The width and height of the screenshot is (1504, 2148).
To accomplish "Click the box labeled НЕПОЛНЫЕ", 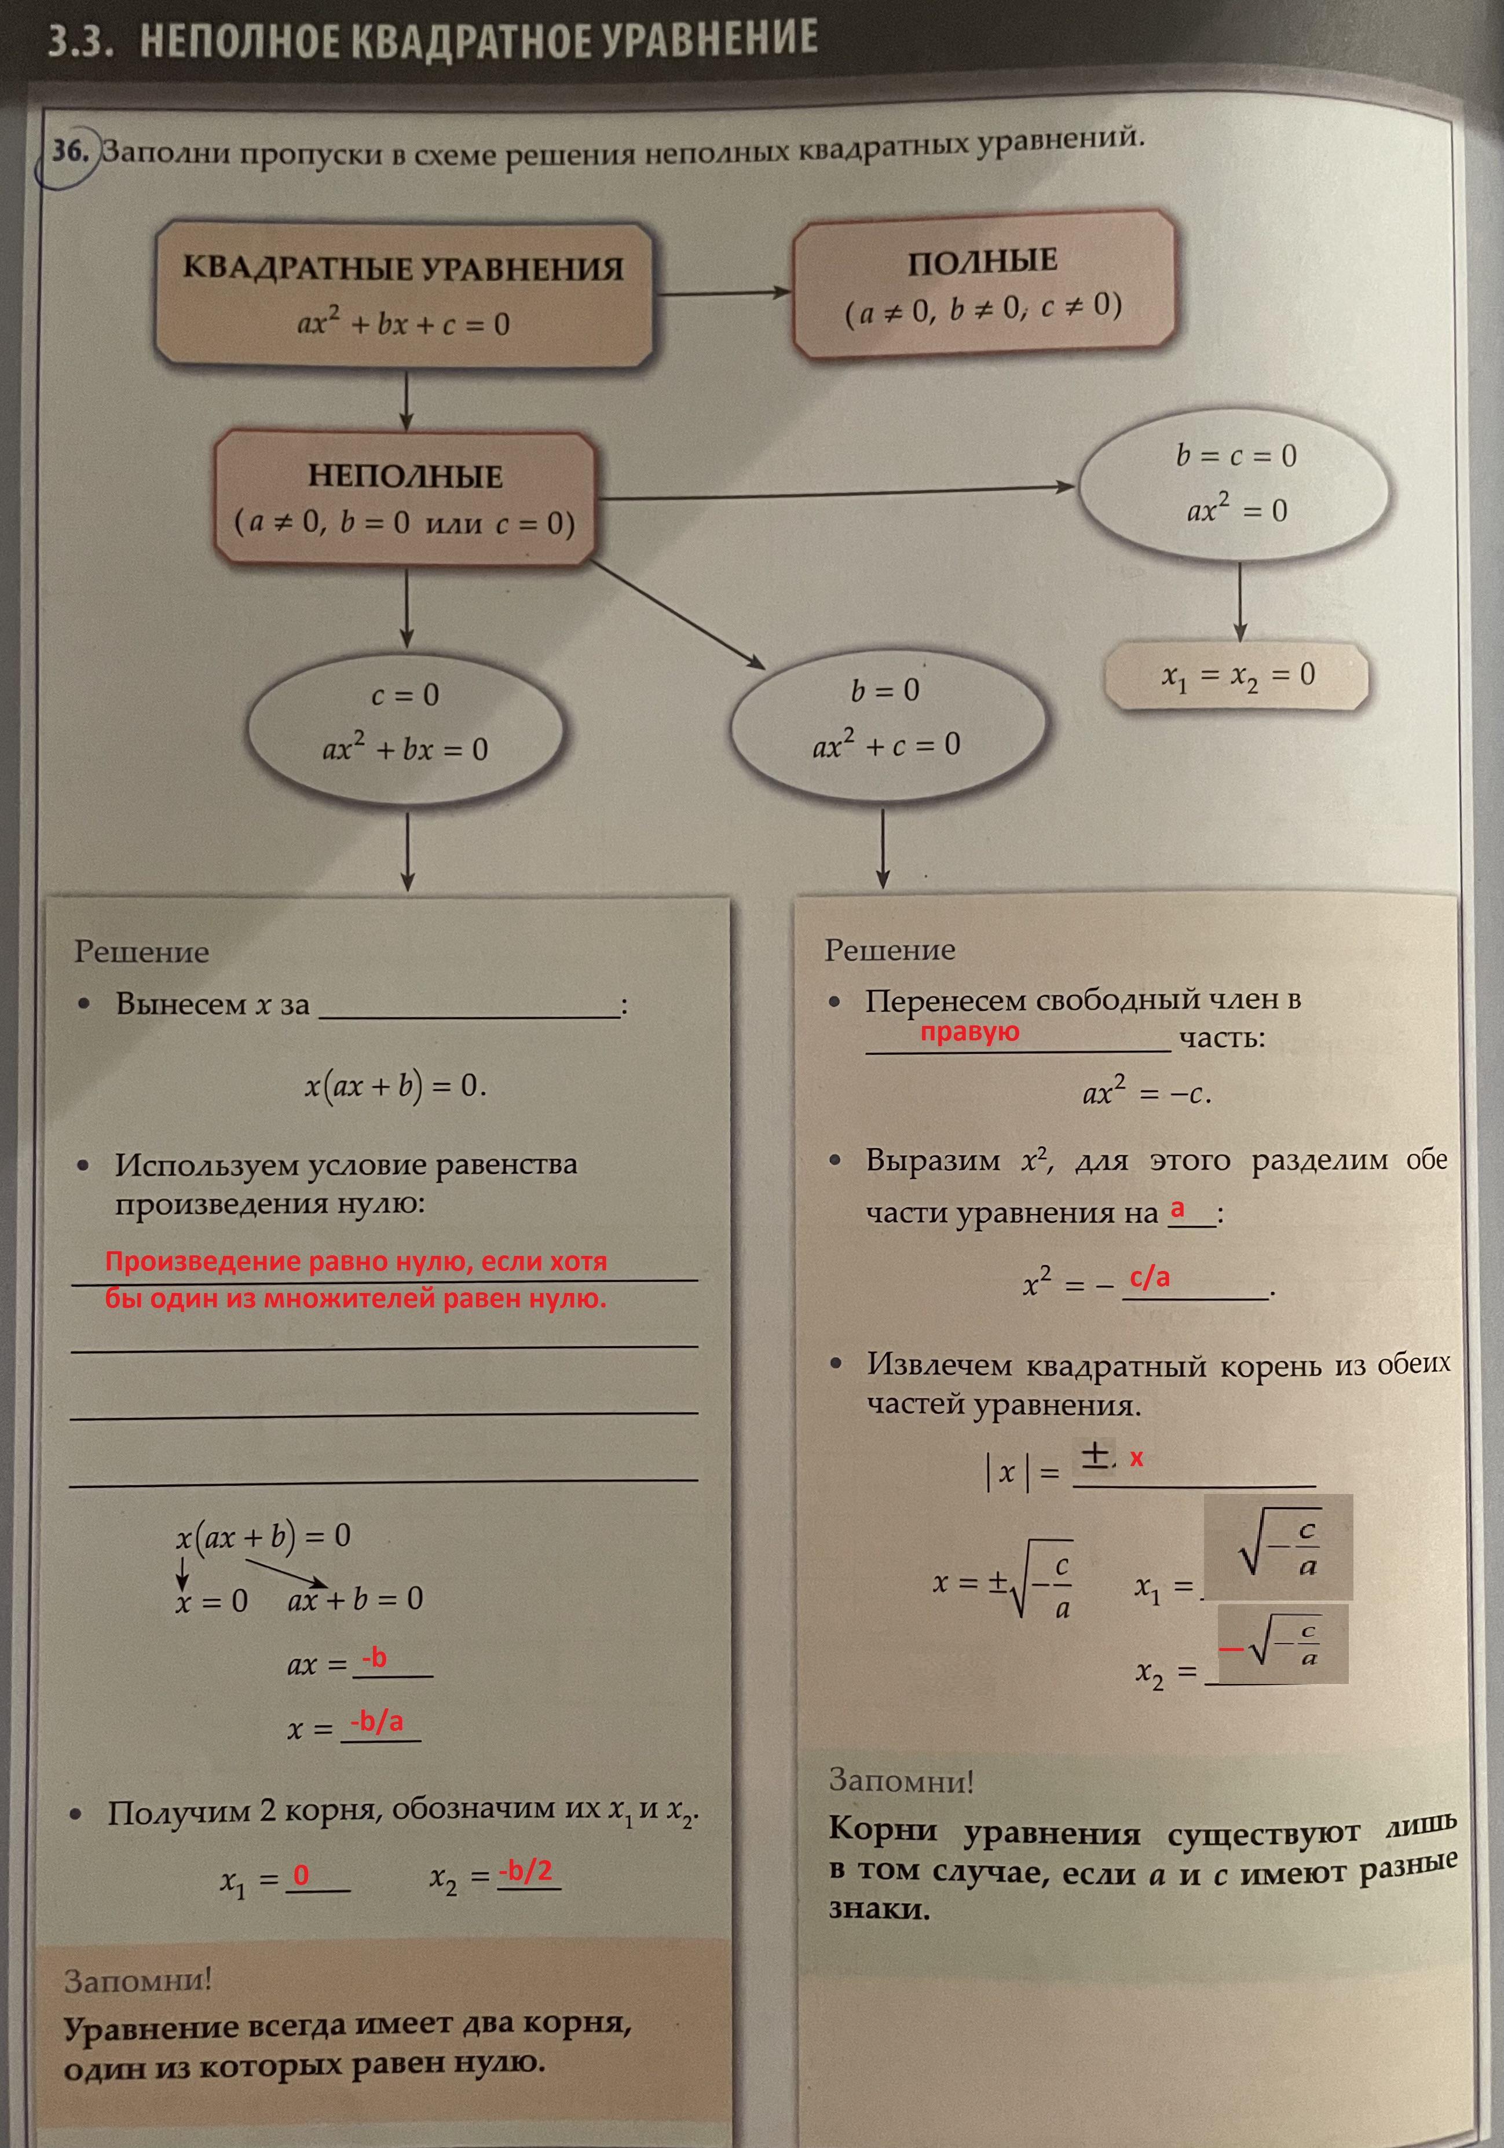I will [x=405, y=497].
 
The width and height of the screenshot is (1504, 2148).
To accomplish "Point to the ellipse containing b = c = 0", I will [x=1235, y=484].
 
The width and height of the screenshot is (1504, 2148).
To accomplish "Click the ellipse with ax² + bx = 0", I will [x=405, y=722].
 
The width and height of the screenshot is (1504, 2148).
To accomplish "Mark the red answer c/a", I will [x=1150, y=1277].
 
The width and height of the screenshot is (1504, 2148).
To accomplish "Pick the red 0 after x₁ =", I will [x=301, y=1875].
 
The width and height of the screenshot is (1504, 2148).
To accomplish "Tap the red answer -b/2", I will [x=526, y=1870].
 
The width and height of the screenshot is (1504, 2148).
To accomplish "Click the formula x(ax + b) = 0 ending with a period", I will [x=395, y=1085].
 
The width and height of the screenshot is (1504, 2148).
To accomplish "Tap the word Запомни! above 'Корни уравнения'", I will [x=901, y=1780].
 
